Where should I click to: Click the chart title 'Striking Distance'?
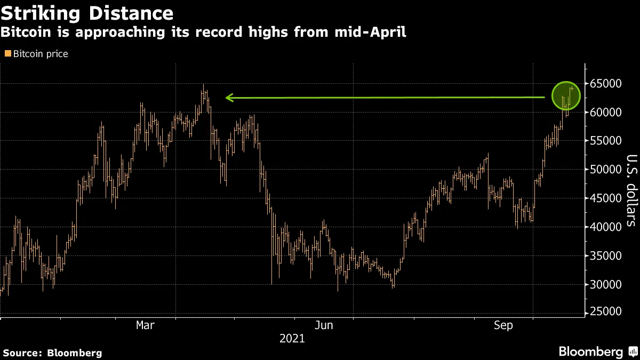coord(87,13)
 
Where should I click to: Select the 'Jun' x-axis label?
coord(324,325)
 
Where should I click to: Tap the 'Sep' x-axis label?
coord(502,325)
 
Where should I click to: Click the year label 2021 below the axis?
coord(292,339)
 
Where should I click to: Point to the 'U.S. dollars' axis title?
coord(631,190)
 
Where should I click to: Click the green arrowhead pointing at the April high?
coord(230,98)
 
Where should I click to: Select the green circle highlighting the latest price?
coord(566,97)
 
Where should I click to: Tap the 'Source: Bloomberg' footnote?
coord(53,353)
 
